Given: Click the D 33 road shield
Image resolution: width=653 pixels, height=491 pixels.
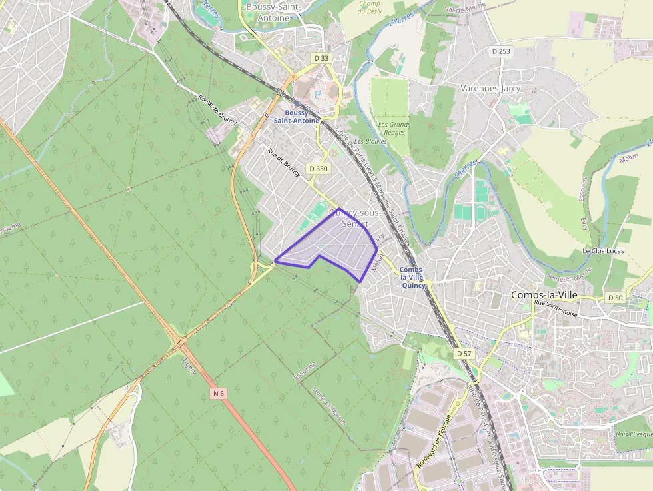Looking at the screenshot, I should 321,58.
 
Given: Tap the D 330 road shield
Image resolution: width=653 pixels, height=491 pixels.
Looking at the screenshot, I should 319,169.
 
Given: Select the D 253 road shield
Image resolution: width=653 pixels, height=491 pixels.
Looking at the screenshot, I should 501,51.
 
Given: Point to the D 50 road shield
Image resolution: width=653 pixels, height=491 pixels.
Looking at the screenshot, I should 615,297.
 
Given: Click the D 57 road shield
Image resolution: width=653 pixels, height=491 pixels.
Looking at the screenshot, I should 464,352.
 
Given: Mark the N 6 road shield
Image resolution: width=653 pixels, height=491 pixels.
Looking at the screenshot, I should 219,394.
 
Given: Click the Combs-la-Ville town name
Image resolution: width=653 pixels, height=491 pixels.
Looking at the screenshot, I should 544,294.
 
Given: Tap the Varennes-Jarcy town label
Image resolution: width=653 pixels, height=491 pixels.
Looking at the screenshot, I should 490,88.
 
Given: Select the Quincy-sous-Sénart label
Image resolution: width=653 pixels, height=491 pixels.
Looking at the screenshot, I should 355,218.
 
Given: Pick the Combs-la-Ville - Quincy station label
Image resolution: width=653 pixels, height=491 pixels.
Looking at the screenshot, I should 412,277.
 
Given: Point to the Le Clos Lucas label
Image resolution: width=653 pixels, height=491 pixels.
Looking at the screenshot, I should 604,251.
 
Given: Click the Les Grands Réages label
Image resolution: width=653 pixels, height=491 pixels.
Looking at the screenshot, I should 394,128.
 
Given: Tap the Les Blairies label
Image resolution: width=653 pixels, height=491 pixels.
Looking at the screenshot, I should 370,141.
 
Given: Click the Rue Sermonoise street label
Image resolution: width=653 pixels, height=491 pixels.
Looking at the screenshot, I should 557,308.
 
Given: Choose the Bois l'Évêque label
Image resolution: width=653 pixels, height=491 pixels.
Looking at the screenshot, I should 634,434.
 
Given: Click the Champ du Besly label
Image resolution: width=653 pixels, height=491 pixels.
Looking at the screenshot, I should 369,7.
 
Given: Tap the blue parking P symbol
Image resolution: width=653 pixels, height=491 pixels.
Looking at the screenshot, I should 318,94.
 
